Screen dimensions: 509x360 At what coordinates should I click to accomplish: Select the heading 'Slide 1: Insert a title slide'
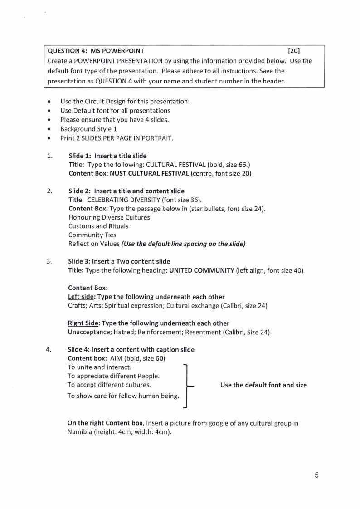pyautogui.click(x=107, y=156)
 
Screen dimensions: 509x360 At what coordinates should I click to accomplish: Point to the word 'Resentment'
pyautogui.click(x=200, y=332)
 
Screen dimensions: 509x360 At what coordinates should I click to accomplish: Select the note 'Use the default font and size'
pyautogui.click(x=263, y=385)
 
